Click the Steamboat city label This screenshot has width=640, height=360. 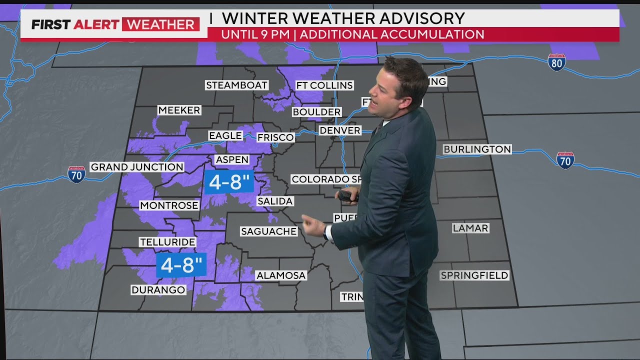(x=237, y=85)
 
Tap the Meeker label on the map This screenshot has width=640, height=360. (x=179, y=110)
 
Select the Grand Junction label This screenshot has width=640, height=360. (x=137, y=167)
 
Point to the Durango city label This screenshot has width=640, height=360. (x=158, y=290)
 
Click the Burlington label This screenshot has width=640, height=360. (x=477, y=149)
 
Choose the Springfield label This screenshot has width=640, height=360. (x=474, y=275)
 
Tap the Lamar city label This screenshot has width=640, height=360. (x=470, y=228)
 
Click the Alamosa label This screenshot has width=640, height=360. (x=280, y=275)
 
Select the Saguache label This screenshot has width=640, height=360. (x=268, y=231)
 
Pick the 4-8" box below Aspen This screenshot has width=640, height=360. (x=229, y=182)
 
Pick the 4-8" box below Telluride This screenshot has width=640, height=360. (x=181, y=265)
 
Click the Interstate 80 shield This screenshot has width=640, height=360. (x=556, y=62)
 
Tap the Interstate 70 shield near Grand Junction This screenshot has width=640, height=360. (x=76, y=174)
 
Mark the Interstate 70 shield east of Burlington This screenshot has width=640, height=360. (x=565, y=160)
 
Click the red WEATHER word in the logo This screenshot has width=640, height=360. (x=160, y=24)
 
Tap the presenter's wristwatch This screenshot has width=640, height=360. (x=328, y=232)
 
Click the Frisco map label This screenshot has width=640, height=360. (x=275, y=137)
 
